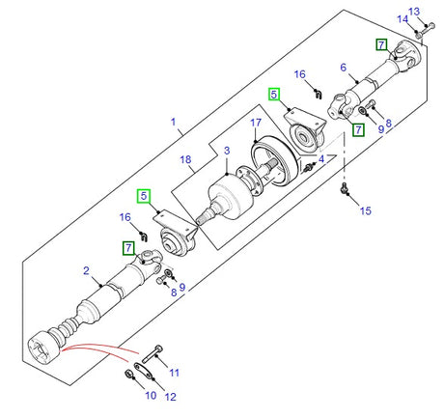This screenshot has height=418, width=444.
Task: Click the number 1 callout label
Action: click(x=175, y=123)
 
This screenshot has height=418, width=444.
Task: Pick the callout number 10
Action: click(x=151, y=395)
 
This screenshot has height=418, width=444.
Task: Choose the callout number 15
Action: click(x=364, y=209)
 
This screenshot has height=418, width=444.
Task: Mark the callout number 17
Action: click(x=256, y=123)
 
